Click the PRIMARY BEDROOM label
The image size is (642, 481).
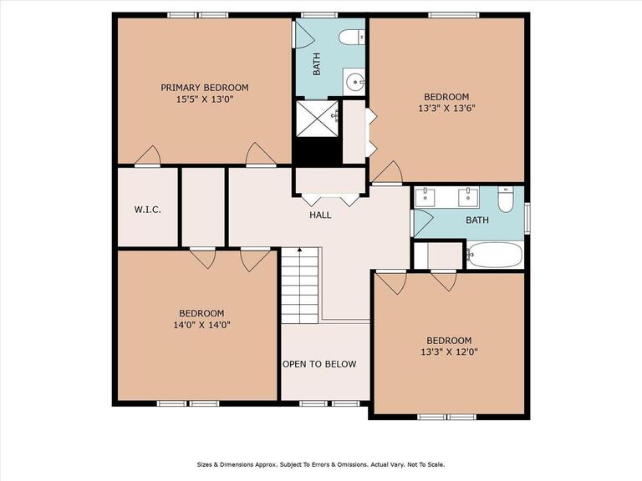[204, 88]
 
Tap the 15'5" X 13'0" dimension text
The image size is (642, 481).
[204, 99]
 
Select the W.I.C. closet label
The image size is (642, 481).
[147, 210]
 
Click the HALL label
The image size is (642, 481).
[320, 215]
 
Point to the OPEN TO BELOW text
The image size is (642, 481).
[319, 364]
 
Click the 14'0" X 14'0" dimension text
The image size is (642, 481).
[201, 325]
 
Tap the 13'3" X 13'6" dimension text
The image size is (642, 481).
[446, 109]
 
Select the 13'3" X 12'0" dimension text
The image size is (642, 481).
[449, 352]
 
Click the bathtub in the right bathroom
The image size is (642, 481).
[496, 255]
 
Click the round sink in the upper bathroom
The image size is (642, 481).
[354, 82]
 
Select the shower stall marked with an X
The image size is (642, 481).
[317, 118]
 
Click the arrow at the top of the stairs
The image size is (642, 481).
[300, 250]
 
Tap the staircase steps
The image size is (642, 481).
[300, 286]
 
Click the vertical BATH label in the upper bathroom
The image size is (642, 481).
[317, 64]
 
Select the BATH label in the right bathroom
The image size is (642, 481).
[477, 220]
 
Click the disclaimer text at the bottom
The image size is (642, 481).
[321, 464]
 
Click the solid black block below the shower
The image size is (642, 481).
[317, 149]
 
